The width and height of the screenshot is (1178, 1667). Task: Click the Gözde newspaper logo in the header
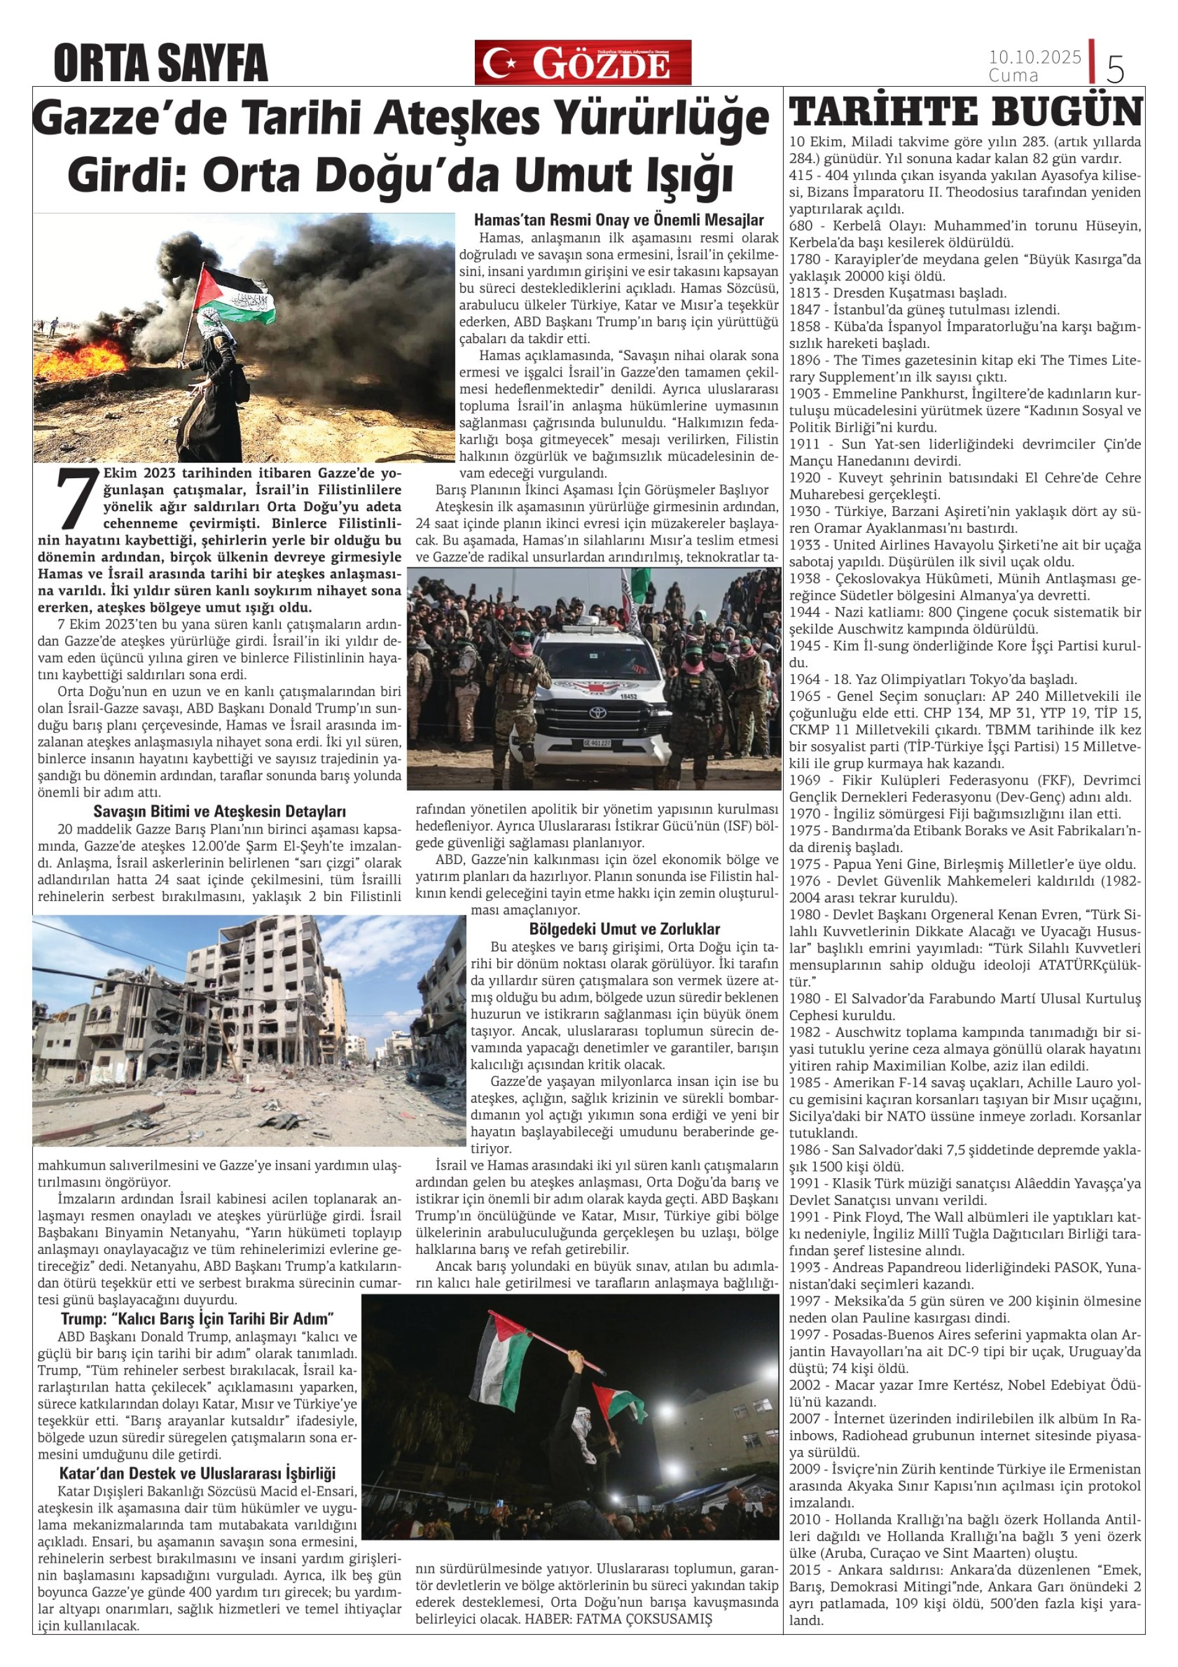click(582, 63)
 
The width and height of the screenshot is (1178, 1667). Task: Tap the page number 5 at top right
click(1115, 69)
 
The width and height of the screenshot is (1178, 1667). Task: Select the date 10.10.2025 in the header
click(1034, 56)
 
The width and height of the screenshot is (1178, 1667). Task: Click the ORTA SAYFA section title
click(161, 63)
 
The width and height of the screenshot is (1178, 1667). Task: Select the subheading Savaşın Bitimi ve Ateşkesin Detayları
click(219, 812)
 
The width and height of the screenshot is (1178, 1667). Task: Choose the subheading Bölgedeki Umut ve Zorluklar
click(624, 930)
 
